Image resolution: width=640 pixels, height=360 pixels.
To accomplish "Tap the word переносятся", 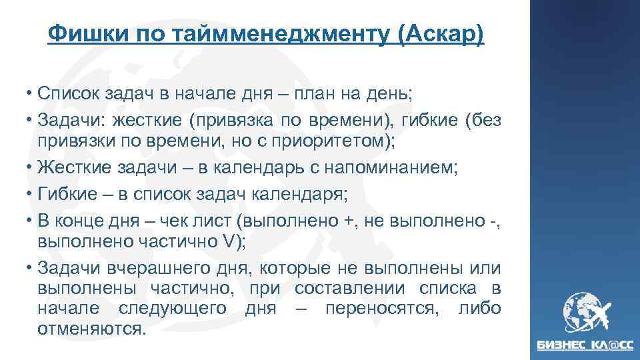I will click(386, 309).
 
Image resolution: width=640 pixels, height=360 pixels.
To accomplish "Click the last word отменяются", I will click(91, 329).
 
